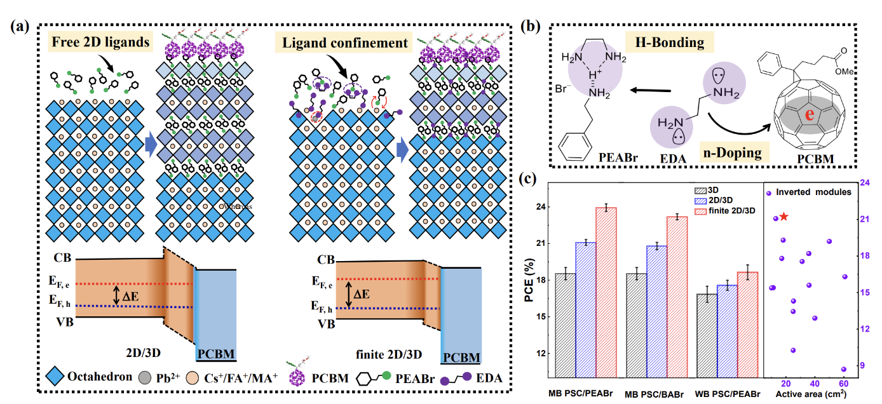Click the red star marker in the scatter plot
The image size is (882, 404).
(x=784, y=217)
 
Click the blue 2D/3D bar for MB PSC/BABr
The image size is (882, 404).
(x=658, y=311)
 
